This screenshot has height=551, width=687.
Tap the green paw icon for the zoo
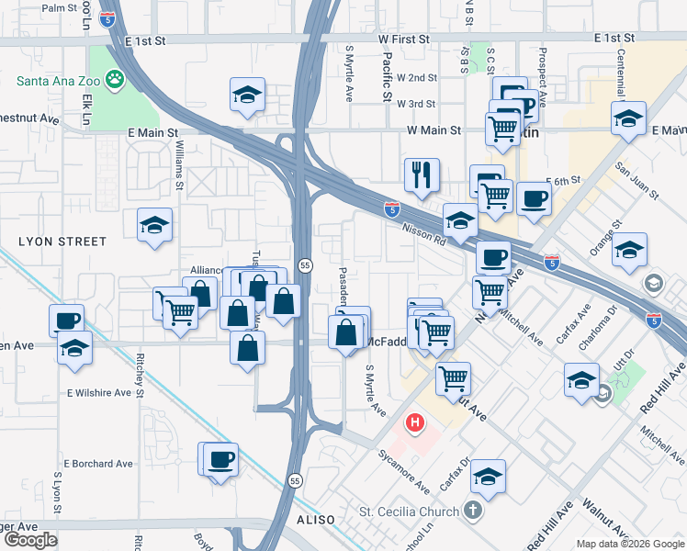pos(116,80)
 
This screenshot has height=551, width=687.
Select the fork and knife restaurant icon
pos(422,174)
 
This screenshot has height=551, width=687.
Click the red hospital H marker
pos(415,423)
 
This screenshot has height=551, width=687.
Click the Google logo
pos(30,540)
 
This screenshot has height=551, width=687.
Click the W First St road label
pos(400,39)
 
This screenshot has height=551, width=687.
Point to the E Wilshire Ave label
pos(98,392)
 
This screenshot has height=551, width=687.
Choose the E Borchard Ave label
pos(98,464)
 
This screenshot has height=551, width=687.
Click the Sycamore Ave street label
pos(404,470)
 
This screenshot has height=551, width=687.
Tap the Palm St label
pos(59,7)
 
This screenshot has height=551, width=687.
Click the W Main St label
pos(434,130)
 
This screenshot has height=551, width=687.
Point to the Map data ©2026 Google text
pos(630,544)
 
